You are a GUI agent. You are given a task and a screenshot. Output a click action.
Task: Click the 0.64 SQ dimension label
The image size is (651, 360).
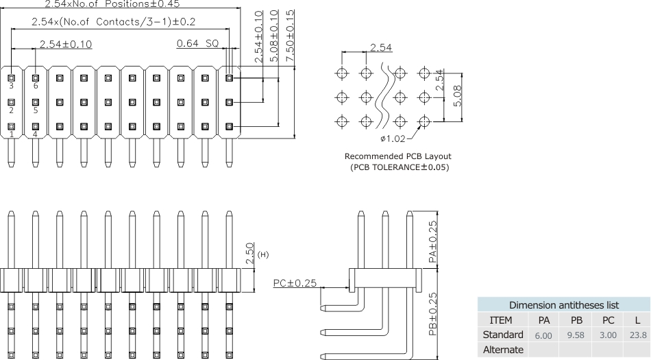[x=197, y=43]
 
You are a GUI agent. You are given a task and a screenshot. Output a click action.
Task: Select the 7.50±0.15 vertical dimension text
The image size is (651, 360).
[x=291, y=38]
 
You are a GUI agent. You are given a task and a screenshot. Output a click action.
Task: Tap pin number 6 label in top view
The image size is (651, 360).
[x=35, y=86]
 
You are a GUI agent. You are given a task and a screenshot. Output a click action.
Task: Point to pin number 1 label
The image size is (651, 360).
[x=11, y=134]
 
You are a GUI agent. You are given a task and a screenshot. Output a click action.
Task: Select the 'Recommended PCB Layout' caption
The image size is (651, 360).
[x=397, y=156]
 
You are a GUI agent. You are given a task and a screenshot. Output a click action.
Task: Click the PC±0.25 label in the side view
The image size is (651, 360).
[x=295, y=283]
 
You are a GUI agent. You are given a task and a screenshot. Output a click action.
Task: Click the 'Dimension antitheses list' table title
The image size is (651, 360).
[x=564, y=304]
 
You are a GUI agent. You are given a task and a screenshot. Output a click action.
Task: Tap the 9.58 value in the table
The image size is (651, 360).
[x=577, y=335]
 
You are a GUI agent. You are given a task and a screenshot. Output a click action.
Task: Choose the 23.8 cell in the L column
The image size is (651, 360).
[x=637, y=335]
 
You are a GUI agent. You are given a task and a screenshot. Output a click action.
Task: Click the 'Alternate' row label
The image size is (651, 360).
[x=503, y=350]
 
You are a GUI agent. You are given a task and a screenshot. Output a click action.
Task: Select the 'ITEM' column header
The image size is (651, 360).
[x=503, y=320]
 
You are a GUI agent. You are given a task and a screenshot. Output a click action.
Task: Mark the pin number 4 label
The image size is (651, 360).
[x=35, y=134]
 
